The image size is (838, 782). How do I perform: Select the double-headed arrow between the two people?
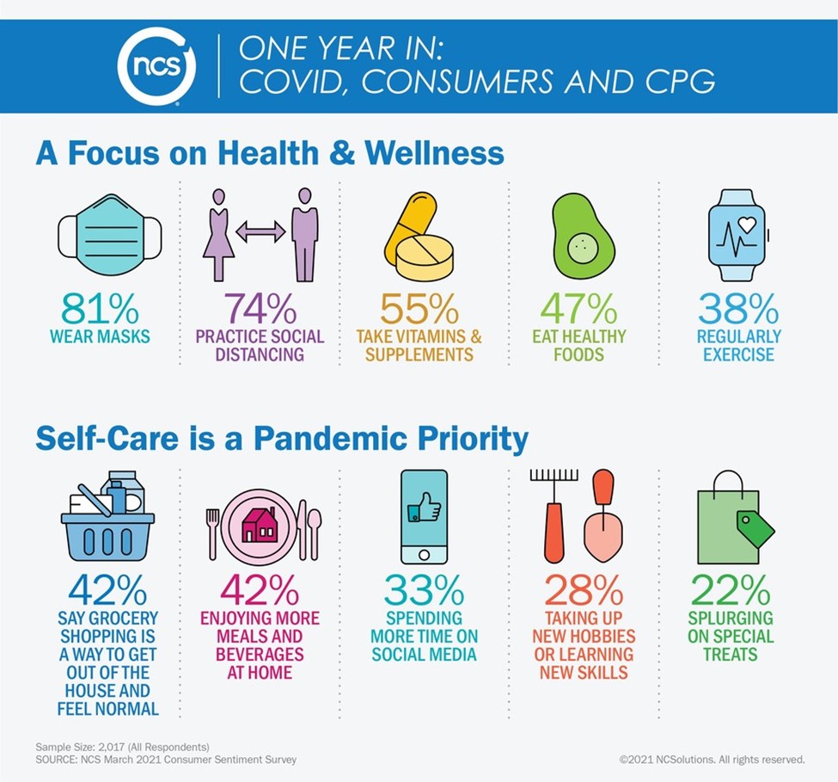tap(260, 231)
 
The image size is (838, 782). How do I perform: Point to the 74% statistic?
tap(260, 308)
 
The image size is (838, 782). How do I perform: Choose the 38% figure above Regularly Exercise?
tap(738, 308)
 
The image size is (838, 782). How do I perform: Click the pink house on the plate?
tap(259, 526)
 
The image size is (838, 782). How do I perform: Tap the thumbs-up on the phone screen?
tap(423, 510)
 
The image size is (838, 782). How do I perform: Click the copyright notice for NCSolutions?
tap(712, 760)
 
